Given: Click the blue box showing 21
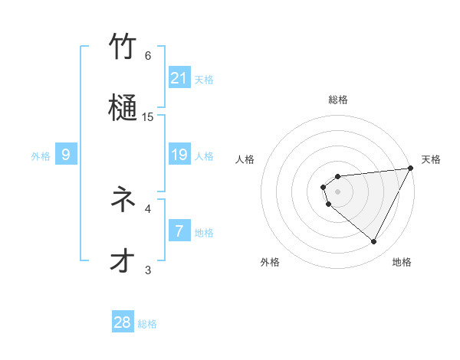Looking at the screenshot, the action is click(x=179, y=77).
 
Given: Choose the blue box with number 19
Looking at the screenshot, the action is click(x=179, y=155).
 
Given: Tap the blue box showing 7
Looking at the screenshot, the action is click(x=179, y=231).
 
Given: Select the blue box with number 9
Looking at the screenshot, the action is click(x=66, y=155).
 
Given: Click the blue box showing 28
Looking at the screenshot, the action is click(x=123, y=322).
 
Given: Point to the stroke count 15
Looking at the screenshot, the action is click(x=149, y=116).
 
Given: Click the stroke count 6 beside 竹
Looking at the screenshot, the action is click(x=148, y=55).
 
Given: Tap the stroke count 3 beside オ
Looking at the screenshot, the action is click(x=148, y=270).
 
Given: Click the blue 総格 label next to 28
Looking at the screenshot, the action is click(x=147, y=324).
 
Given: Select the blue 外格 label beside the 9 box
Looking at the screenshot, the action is click(x=41, y=156).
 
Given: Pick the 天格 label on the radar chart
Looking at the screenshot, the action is click(x=431, y=159).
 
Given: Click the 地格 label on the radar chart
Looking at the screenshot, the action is click(x=402, y=262).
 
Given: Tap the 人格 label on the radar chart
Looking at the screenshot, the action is click(x=245, y=159).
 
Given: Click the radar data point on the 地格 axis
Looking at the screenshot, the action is click(x=374, y=242).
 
